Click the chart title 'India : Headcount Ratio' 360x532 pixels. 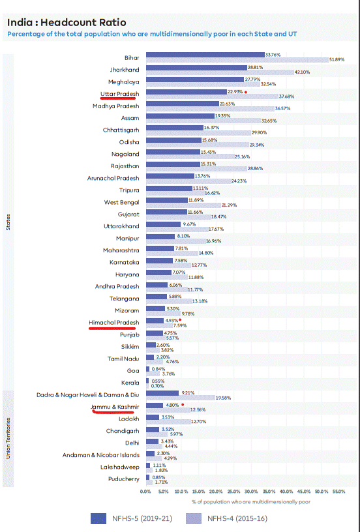click(x=67, y=23)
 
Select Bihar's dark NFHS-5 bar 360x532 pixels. click(x=205, y=55)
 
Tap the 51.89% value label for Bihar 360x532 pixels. click(x=337, y=60)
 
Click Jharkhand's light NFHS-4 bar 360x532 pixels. click(x=220, y=72)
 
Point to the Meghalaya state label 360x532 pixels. click(x=123, y=82)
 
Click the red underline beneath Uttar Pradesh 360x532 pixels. click(x=118, y=98)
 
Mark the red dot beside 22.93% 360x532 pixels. click(x=245, y=92)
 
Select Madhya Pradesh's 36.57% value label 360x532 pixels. click(x=282, y=109)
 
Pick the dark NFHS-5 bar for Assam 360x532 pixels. click(x=180, y=116)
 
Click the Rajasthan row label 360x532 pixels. click(x=125, y=166)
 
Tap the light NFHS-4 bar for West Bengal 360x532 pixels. click(x=183, y=205)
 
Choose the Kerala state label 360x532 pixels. click(x=130, y=383)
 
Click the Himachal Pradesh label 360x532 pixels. click(x=114, y=322)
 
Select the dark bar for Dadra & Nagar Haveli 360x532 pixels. click(x=162, y=393)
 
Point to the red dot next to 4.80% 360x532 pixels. click(x=183, y=404)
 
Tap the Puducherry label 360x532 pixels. click(x=124, y=479)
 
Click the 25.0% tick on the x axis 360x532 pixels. click(x=233, y=492)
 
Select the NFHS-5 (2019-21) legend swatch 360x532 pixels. click(x=98, y=518)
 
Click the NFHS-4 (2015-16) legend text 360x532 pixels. click(x=237, y=518)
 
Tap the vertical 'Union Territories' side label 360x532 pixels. click(x=8, y=438)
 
